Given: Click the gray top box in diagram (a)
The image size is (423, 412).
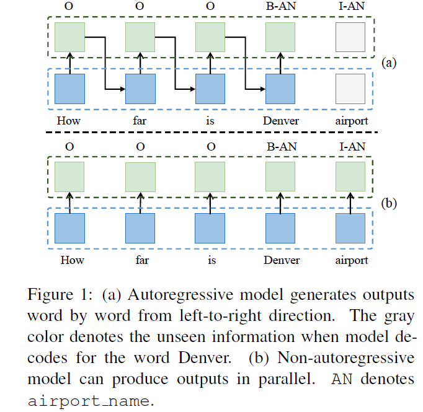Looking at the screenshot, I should coord(350,37).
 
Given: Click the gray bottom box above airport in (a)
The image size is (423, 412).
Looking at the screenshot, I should coord(350,88).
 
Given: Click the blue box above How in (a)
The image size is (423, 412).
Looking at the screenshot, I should coord(70,88).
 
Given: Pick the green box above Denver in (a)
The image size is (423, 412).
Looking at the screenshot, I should coord(280,37).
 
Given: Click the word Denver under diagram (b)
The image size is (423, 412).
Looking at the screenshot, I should coord(280,260).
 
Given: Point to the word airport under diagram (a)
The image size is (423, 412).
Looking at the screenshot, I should coord(350,121).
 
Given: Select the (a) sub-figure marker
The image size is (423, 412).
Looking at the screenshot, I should coord(389,62).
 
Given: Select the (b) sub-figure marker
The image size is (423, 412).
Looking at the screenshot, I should coord(389,202).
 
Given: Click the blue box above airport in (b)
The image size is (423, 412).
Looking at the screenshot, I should coord(350,227).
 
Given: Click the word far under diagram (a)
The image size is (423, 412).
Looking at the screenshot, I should coord(140,121).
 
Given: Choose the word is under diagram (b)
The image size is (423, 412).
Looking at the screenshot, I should coord(210,260).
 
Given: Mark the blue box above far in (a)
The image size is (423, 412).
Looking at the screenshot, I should coord(140,88).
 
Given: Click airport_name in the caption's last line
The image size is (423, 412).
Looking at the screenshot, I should coord(89,400).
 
